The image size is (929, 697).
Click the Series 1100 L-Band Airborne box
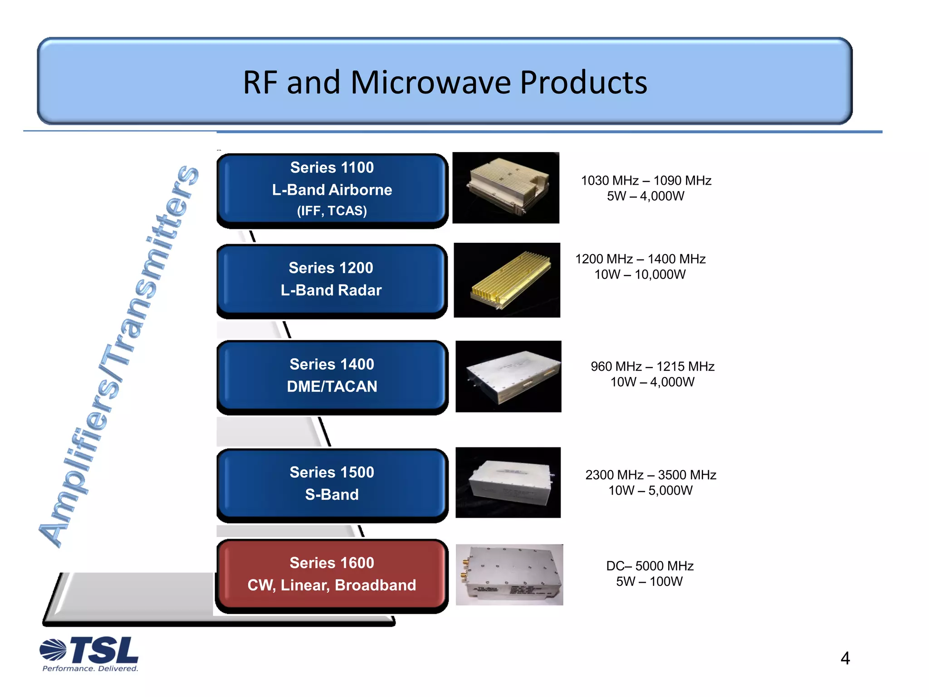(332, 189)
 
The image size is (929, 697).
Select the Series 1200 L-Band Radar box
(331, 280)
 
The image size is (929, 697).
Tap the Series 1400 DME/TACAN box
(332, 376)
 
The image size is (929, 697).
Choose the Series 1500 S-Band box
(332, 484)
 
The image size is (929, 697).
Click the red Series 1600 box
(332, 574)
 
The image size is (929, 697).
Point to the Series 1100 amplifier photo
(506, 187)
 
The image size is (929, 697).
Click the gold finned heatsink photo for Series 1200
(507, 280)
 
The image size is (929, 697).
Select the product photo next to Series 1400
(508, 376)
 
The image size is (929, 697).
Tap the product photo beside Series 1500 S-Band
(508, 482)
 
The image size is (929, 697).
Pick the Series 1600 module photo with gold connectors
(509, 574)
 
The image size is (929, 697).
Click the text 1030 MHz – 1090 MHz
(646, 181)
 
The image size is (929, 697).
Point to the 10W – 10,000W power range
(640, 275)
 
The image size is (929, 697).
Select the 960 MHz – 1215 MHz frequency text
(652, 366)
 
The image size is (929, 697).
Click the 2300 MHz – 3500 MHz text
(650, 475)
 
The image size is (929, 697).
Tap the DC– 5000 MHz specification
(650, 566)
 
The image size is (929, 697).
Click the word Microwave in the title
(430, 83)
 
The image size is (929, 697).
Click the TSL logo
(90, 650)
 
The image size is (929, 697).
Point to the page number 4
(845, 658)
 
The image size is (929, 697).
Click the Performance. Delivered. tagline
(90, 668)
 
